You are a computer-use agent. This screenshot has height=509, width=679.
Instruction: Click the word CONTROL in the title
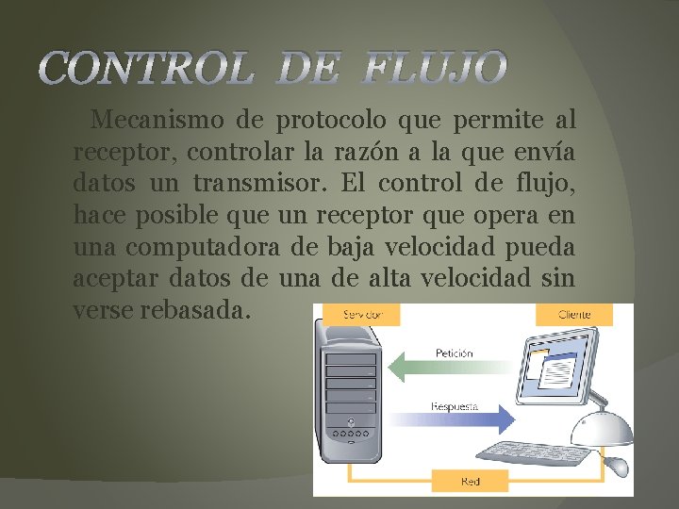click(148, 69)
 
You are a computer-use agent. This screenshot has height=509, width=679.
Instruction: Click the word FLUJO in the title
click(435, 69)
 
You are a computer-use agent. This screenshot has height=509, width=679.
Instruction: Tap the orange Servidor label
click(363, 313)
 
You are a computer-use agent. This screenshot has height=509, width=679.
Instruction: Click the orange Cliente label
click(574, 314)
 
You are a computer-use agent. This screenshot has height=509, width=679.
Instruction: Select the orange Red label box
click(470, 482)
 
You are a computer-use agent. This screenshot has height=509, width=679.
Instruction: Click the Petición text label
click(454, 353)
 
